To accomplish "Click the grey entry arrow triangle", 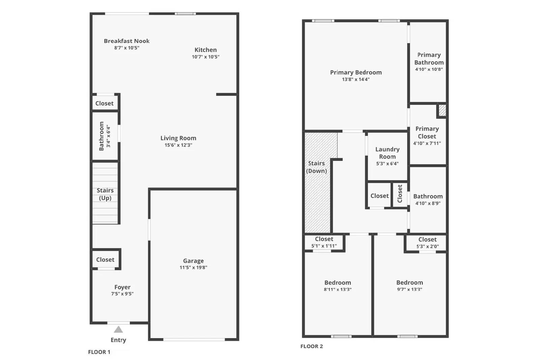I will click(118, 330).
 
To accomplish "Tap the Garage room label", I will click(193, 261).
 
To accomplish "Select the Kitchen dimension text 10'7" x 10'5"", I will click(206, 57).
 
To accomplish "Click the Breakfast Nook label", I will click(127, 41).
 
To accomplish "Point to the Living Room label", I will click(178, 138).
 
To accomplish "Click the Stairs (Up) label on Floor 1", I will click(105, 194).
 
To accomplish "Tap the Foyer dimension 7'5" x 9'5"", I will click(122, 294).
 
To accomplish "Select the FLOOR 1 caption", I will click(99, 352).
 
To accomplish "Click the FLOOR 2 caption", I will click(312, 346).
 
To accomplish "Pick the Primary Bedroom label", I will click(356, 72).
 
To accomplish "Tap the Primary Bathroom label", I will click(429, 59).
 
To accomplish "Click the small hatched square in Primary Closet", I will click(442, 110).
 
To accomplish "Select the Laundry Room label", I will click(387, 153).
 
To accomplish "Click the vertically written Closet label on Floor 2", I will click(400, 194).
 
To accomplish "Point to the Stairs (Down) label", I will click(316, 167).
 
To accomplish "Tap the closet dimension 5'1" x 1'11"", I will click(324, 246).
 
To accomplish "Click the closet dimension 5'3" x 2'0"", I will click(427, 247).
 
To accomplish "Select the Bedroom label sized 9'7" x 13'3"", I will click(409, 282).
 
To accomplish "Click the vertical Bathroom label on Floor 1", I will click(101, 136).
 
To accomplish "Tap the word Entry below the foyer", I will click(118, 340).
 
